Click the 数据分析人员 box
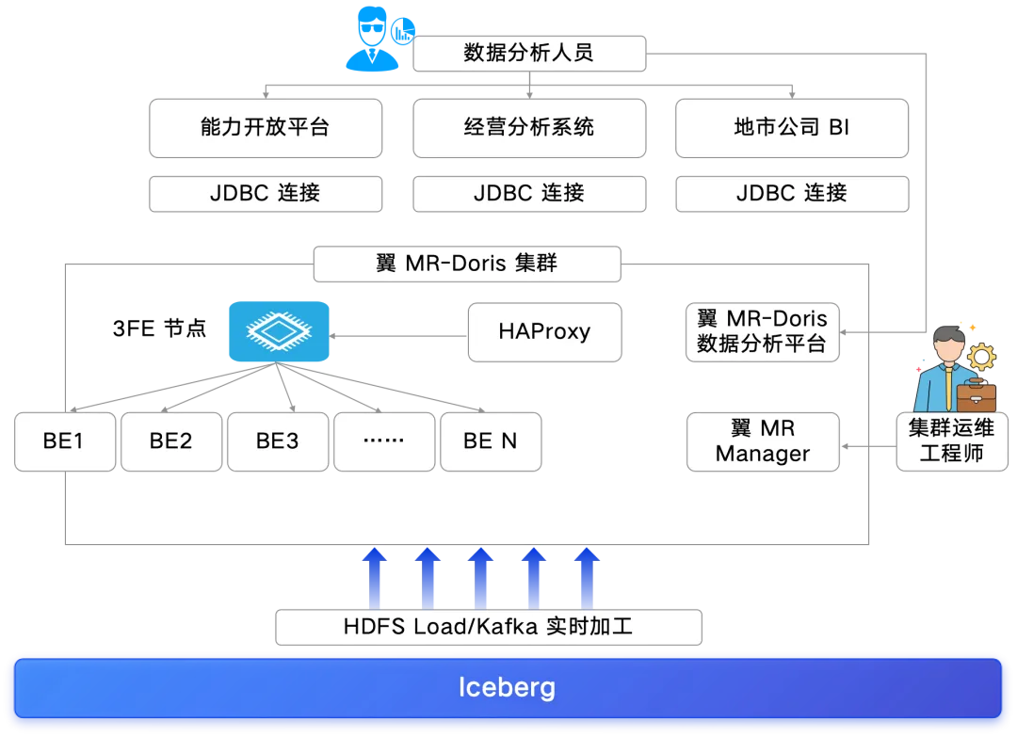pyautogui.click(x=529, y=53)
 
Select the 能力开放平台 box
pyautogui.click(x=266, y=128)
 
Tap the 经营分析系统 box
pyautogui.click(x=529, y=128)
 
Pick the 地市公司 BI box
pyautogui.click(x=792, y=128)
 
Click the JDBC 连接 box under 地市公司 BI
pyautogui.click(x=792, y=194)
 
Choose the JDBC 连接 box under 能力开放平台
pyautogui.click(x=266, y=194)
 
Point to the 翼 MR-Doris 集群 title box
pyautogui.click(x=467, y=264)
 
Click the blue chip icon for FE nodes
pyautogui.click(x=279, y=331)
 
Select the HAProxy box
pyautogui.click(x=545, y=332)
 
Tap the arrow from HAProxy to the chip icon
pyautogui.click(x=398, y=336)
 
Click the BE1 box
pyautogui.click(x=65, y=441)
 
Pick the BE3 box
pyautogui.click(x=278, y=441)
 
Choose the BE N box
pyautogui.click(x=491, y=441)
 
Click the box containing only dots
pyautogui.click(x=384, y=441)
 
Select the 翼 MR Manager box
pyautogui.click(x=763, y=441)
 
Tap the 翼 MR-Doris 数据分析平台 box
pyautogui.click(x=763, y=332)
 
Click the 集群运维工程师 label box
pyautogui.click(x=952, y=441)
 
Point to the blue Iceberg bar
pyautogui.click(x=508, y=688)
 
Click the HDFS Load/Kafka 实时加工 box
pyautogui.click(x=489, y=627)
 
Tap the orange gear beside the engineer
pyautogui.click(x=981, y=357)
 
